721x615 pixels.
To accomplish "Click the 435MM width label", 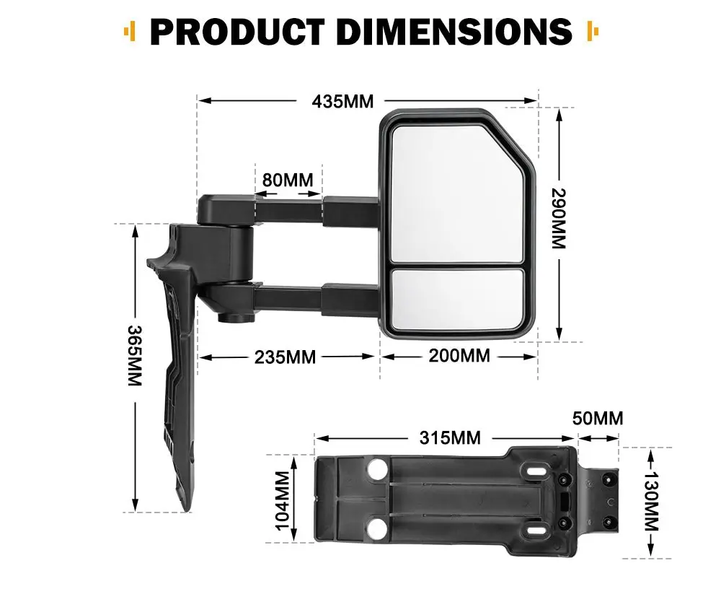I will coord(342,101).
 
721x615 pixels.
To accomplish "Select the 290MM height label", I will coord(559,219).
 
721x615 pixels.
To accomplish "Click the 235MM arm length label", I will coord(285,357).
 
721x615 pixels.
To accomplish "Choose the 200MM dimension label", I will coord(459,355).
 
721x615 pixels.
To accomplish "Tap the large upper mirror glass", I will coord(454,193).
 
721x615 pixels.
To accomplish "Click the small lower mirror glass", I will coord(457,299).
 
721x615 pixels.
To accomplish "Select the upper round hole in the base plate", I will coord(377,471).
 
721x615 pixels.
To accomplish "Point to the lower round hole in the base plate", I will coord(377,531).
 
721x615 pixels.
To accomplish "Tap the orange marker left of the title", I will coord(130,31).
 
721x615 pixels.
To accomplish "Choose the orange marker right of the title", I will coord(593,31).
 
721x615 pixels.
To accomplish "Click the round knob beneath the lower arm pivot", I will coord(232,316).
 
